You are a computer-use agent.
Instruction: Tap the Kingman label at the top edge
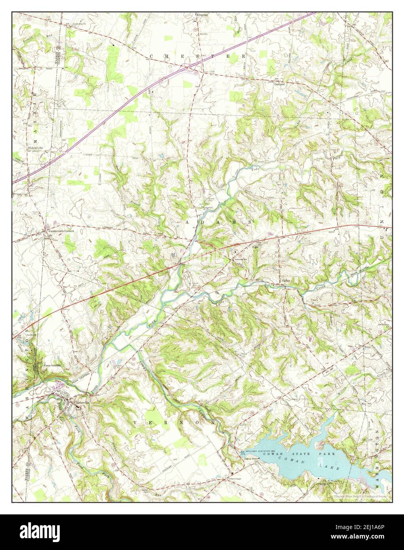[x=201, y=15]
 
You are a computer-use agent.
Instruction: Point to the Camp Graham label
[x=53, y=365]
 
